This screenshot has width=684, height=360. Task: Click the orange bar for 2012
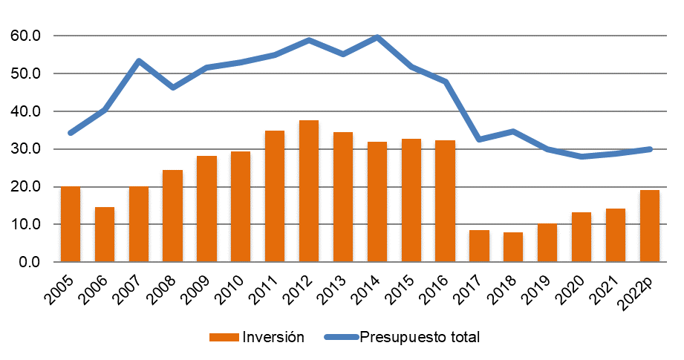click(x=308, y=192)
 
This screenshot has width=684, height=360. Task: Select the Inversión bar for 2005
click(x=70, y=224)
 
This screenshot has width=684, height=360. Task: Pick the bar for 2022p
click(x=650, y=226)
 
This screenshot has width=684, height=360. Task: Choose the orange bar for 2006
click(x=104, y=235)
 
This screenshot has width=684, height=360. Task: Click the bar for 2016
click(x=445, y=201)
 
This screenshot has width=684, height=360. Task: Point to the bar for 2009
click(x=206, y=209)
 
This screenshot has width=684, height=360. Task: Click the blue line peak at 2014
click(x=377, y=37)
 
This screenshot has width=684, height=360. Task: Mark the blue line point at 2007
click(x=138, y=61)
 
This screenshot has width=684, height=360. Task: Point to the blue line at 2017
click(x=479, y=139)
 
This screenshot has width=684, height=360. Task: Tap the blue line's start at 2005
click(x=70, y=133)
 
